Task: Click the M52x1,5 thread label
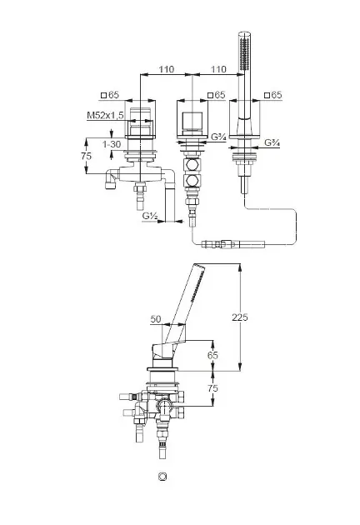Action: [105, 115]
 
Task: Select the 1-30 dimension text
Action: [111, 144]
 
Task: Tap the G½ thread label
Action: [150, 216]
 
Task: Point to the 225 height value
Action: [240, 317]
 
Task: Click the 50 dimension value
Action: [156, 319]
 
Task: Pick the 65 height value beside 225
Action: [212, 354]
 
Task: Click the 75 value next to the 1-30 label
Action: [86, 156]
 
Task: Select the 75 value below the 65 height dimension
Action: [212, 388]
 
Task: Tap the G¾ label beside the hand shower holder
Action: [272, 142]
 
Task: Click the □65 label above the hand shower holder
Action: [273, 95]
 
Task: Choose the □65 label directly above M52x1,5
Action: [110, 95]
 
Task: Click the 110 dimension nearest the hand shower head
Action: [218, 69]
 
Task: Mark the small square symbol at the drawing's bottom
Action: [162, 477]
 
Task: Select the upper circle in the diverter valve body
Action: [192, 165]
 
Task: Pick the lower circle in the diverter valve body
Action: [192, 181]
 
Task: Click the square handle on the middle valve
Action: [192, 121]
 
